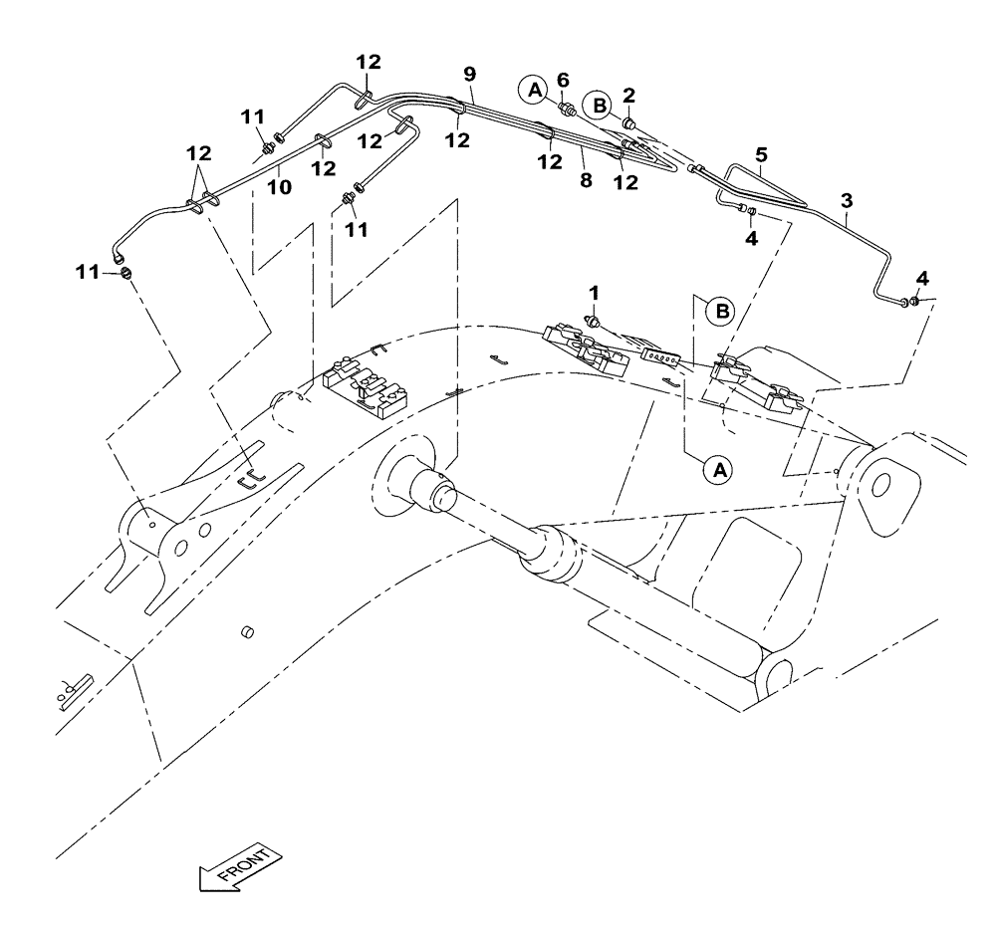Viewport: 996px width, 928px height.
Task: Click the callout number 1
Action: pos(594,294)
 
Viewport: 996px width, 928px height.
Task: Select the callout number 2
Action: pos(629,95)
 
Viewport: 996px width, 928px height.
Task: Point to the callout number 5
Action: pos(761,155)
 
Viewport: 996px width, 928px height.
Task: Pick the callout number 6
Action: pos(563,80)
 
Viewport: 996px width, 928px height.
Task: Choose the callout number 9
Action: pos(470,75)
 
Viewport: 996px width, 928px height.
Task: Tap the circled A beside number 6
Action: pos(534,91)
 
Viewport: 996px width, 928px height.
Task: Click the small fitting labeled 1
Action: pos(594,321)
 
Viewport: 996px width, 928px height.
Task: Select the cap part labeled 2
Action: pos(630,122)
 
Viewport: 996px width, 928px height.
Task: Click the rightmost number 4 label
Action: pos(921,277)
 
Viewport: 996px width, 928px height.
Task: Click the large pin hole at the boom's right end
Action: pos(881,483)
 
